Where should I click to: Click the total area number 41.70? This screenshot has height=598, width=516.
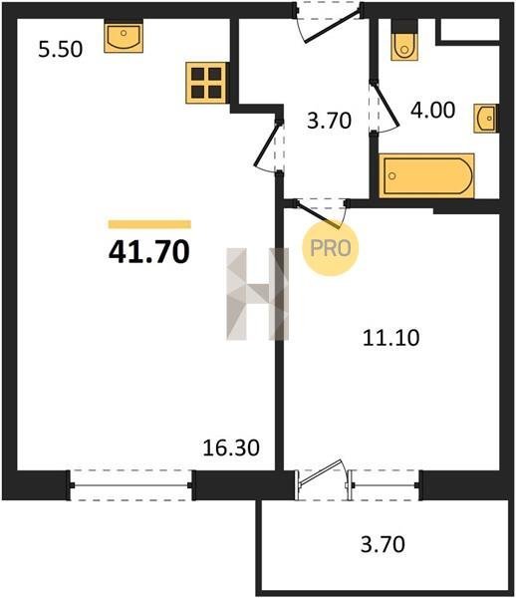coord(149,252)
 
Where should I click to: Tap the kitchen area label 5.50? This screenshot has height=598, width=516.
coord(60,49)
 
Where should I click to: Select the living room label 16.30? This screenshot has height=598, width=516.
coord(231,448)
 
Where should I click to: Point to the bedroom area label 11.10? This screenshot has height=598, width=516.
coord(391,338)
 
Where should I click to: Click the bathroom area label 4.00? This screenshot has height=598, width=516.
coord(432,110)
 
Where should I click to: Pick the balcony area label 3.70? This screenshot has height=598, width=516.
coord(383,544)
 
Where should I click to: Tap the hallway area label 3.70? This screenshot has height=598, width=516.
coord(330,121)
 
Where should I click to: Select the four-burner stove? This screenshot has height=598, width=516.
coord(206,83)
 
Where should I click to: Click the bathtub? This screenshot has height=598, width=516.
coord(426,175)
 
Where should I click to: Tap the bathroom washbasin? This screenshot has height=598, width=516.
coord(485,119)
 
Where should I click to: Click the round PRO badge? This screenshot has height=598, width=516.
coord(331,248)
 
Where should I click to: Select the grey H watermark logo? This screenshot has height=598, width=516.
coord(258,294)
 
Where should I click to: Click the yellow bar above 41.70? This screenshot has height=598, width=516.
coord(149,224)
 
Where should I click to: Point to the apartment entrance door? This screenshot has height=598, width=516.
coord(332,27)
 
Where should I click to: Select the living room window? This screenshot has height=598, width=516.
coord(130,485)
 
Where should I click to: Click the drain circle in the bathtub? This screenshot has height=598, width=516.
coord(391,175)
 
